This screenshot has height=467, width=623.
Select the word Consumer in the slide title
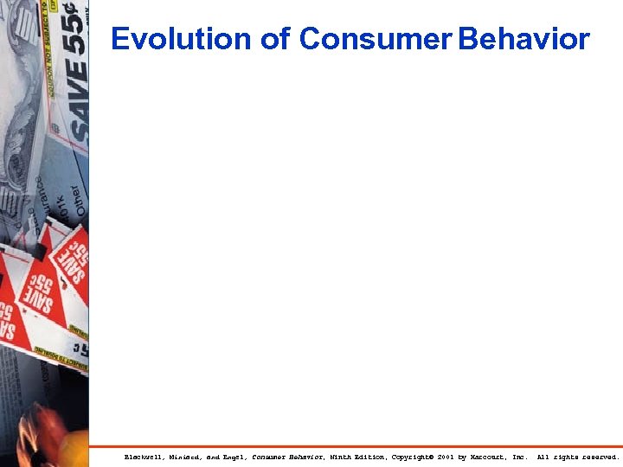[376, 39]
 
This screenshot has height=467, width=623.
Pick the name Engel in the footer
[233, 457]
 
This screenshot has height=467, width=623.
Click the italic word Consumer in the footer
[269, 457]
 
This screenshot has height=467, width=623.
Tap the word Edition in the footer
[371, 457]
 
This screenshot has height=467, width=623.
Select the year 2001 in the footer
[445, 457]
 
